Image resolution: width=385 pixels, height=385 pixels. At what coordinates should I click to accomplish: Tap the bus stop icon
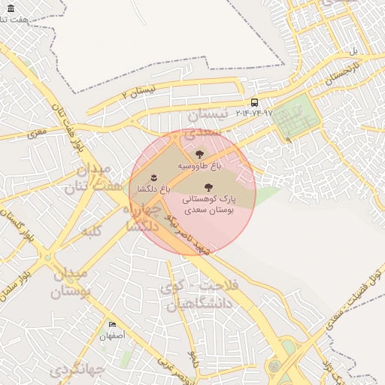[254, 102]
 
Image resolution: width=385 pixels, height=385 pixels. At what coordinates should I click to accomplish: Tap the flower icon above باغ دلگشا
[154, 177]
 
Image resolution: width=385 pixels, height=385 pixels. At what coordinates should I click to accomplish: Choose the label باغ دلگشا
[154, 187]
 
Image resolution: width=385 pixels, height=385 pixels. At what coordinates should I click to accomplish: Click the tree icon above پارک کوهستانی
[208, 186]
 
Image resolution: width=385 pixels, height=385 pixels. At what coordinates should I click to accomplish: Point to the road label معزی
[37, 134]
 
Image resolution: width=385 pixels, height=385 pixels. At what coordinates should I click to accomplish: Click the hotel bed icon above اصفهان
[112, 324]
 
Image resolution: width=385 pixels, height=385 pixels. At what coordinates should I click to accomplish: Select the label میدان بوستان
[72, 281]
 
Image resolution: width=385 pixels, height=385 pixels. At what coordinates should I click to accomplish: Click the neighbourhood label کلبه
[92, 230]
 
